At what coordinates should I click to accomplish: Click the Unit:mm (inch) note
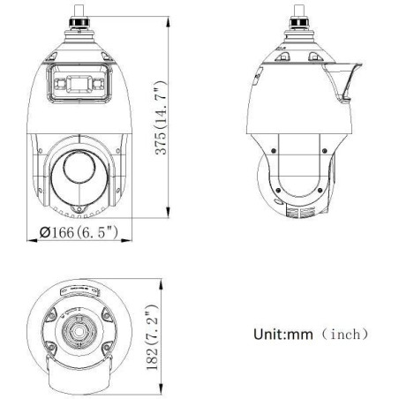(x=298, y=335)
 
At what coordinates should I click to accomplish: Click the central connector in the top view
(x=81, y=333)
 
